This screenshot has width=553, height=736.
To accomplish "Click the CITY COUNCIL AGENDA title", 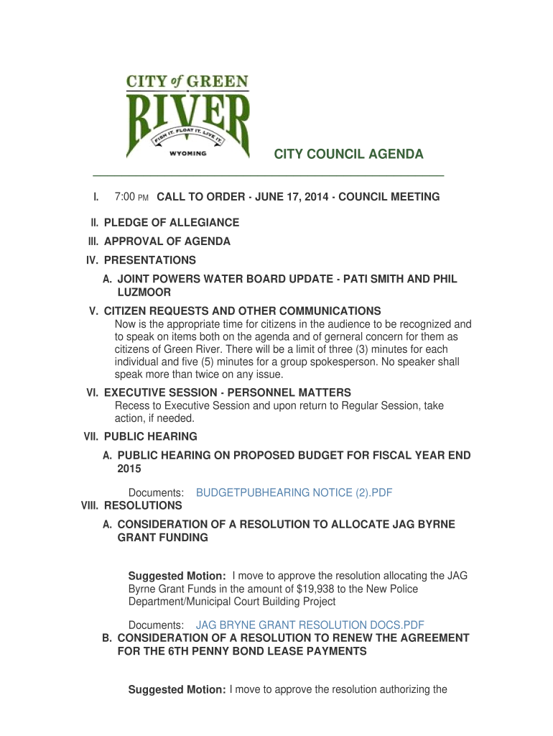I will pyautogui.click(x=348, y=155).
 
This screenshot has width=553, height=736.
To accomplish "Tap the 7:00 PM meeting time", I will pyautogui.click(x=131, y=197).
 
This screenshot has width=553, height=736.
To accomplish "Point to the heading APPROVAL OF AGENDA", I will pyautogui.click(x=167, y=241).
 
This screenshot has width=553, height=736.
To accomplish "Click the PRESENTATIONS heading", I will pyautogui.click(x=149, y=260).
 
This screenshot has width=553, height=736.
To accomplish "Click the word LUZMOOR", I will pyautogui.click(x=144, y=293).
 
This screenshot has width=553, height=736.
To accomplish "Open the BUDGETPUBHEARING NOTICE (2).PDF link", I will pyautogui.click(x=294, y=492).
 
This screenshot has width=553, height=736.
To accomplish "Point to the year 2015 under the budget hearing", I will pyautogui.click(x=129, y=469).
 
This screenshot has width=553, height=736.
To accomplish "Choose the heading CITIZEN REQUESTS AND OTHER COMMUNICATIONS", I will pyautogui.click(x=243, y=311).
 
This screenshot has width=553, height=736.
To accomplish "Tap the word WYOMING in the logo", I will pyautogui.click(x=187, y=153).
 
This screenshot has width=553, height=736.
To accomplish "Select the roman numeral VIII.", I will pyautogui.click(x=90, y=506).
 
